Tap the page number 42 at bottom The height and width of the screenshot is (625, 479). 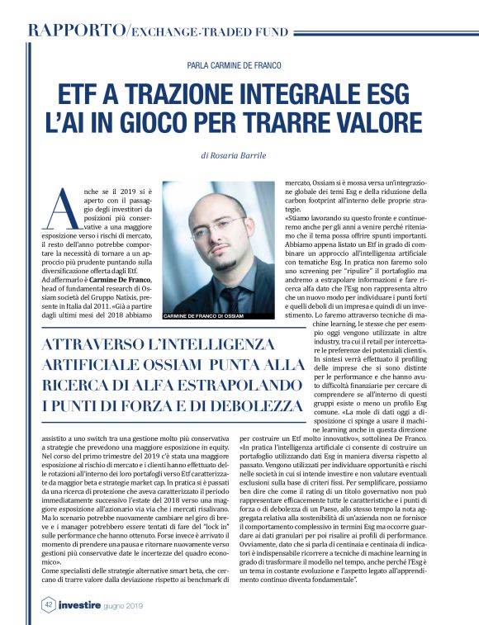50,603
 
